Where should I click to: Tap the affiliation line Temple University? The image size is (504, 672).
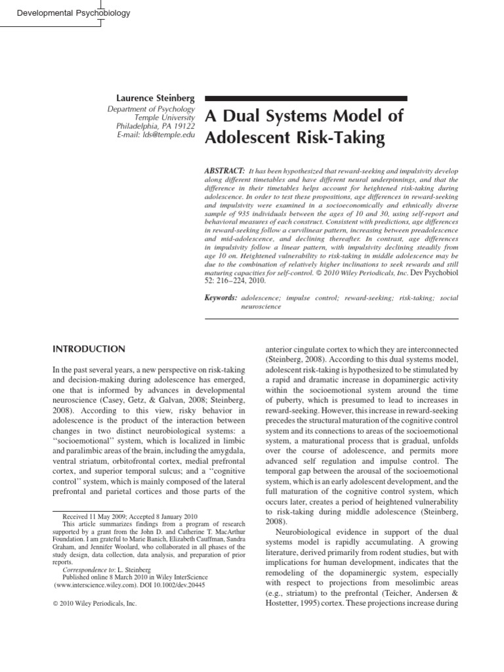click(170, 117)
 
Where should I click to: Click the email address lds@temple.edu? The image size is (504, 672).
click(173, 134)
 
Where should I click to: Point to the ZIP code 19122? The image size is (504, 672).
click(183, 125)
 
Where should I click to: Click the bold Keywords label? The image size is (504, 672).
click(221, 297)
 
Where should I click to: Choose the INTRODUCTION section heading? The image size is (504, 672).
click(89, 349)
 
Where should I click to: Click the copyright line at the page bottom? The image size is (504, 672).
click(94, 604)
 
